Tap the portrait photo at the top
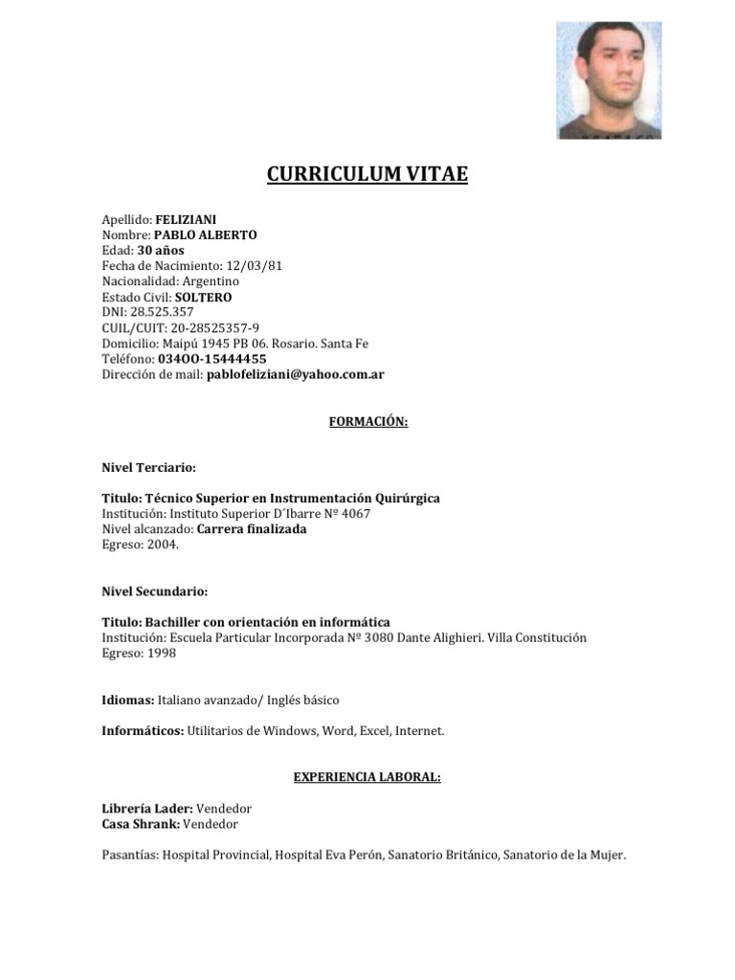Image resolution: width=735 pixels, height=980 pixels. [609, 80]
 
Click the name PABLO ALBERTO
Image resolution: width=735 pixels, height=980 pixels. [205, 234]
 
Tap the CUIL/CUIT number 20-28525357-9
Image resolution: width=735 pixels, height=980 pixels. [215, 328]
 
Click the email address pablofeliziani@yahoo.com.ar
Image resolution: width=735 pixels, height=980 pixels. [295, 374]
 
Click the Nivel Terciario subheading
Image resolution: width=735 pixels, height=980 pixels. [148, 468]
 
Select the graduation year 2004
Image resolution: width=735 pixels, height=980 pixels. [163, 545]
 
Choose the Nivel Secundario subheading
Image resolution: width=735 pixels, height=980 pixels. [154, 591]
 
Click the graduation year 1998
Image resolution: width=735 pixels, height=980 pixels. [162, 653]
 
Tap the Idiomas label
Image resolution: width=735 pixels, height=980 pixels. [127, 700]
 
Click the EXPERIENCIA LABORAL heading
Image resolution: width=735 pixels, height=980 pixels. [367, 777]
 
